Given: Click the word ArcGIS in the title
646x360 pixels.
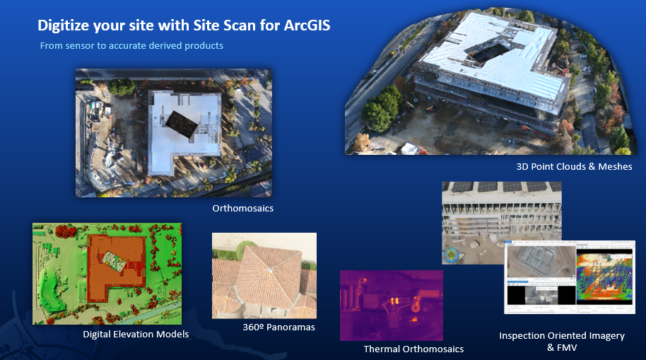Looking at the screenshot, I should [305, 26].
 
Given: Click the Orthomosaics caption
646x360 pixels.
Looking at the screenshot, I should [242, 209].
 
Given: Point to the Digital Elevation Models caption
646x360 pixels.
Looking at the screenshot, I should [136, 334].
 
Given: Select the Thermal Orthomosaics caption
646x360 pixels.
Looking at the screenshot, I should [413, 349].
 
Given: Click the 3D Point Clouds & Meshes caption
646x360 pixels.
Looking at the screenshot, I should [574, 167].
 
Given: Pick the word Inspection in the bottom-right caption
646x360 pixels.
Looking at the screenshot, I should [525, 336].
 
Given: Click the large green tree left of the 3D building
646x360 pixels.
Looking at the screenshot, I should [382, 109].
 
